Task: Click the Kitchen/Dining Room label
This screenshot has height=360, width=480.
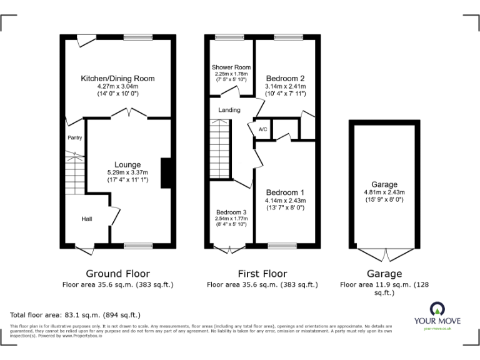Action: (x=117, y=79)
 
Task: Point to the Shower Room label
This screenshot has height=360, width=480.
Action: (x=231, y=67)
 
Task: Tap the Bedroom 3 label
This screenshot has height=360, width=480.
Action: (x=231, y=212)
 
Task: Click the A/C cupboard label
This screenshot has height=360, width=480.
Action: (x=262, y=130)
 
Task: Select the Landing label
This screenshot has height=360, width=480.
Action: (x=229, y=111)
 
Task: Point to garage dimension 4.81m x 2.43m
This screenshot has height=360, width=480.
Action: (x=384, y=192)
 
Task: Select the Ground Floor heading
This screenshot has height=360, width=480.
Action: (x=117, y=274)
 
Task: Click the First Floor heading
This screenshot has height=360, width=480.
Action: (x=262, y=274)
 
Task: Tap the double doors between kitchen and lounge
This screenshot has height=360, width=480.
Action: (x=129, y=114)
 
